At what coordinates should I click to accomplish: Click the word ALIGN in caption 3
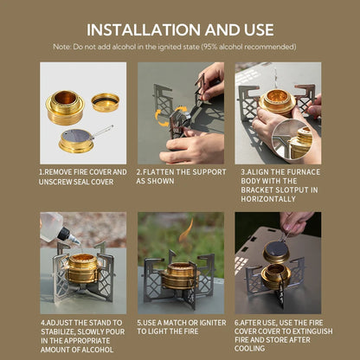259,171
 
